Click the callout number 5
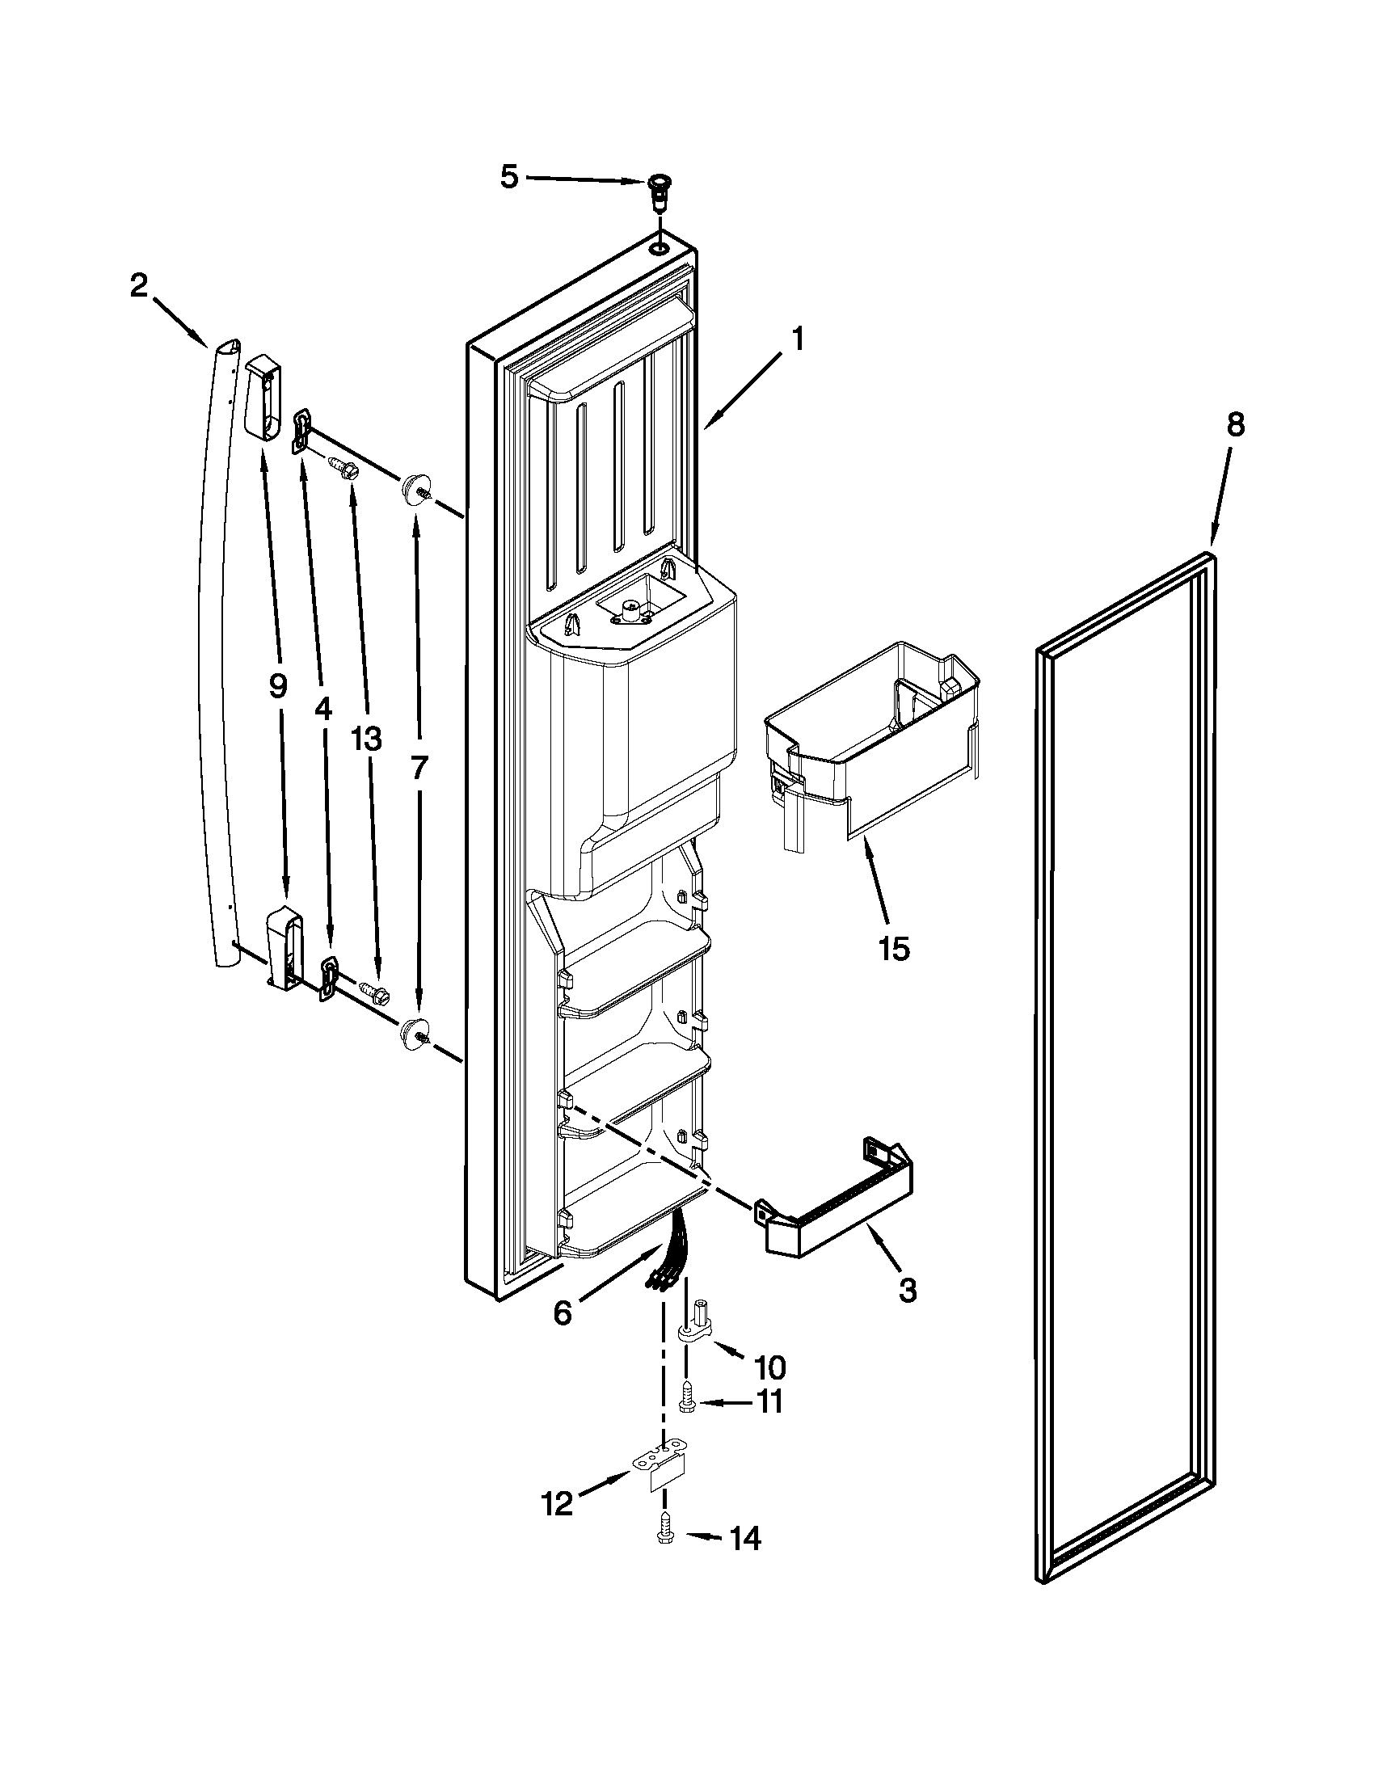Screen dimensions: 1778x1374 click(x=508, y=178)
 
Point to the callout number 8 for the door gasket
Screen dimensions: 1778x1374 click(x=1235, y=425)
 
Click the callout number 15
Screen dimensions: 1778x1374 click(x=894, y=949)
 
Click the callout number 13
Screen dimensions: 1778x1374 click(x=365, y=739)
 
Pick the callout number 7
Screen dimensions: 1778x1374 click(x=419, y=769)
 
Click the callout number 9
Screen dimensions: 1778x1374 click(x=277, y=688)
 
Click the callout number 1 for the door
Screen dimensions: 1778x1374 click(x=798, y=339)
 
